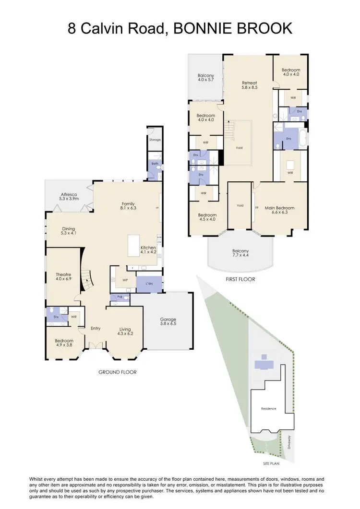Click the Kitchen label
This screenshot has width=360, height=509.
click(x=148, y=247)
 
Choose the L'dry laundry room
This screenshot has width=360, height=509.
click(x=149, y=284)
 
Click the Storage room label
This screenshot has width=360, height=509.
click(x=155, y=140)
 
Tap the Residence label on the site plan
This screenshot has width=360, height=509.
click(x=268, y=409)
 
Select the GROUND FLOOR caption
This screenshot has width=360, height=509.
click(x=118, y=372)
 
